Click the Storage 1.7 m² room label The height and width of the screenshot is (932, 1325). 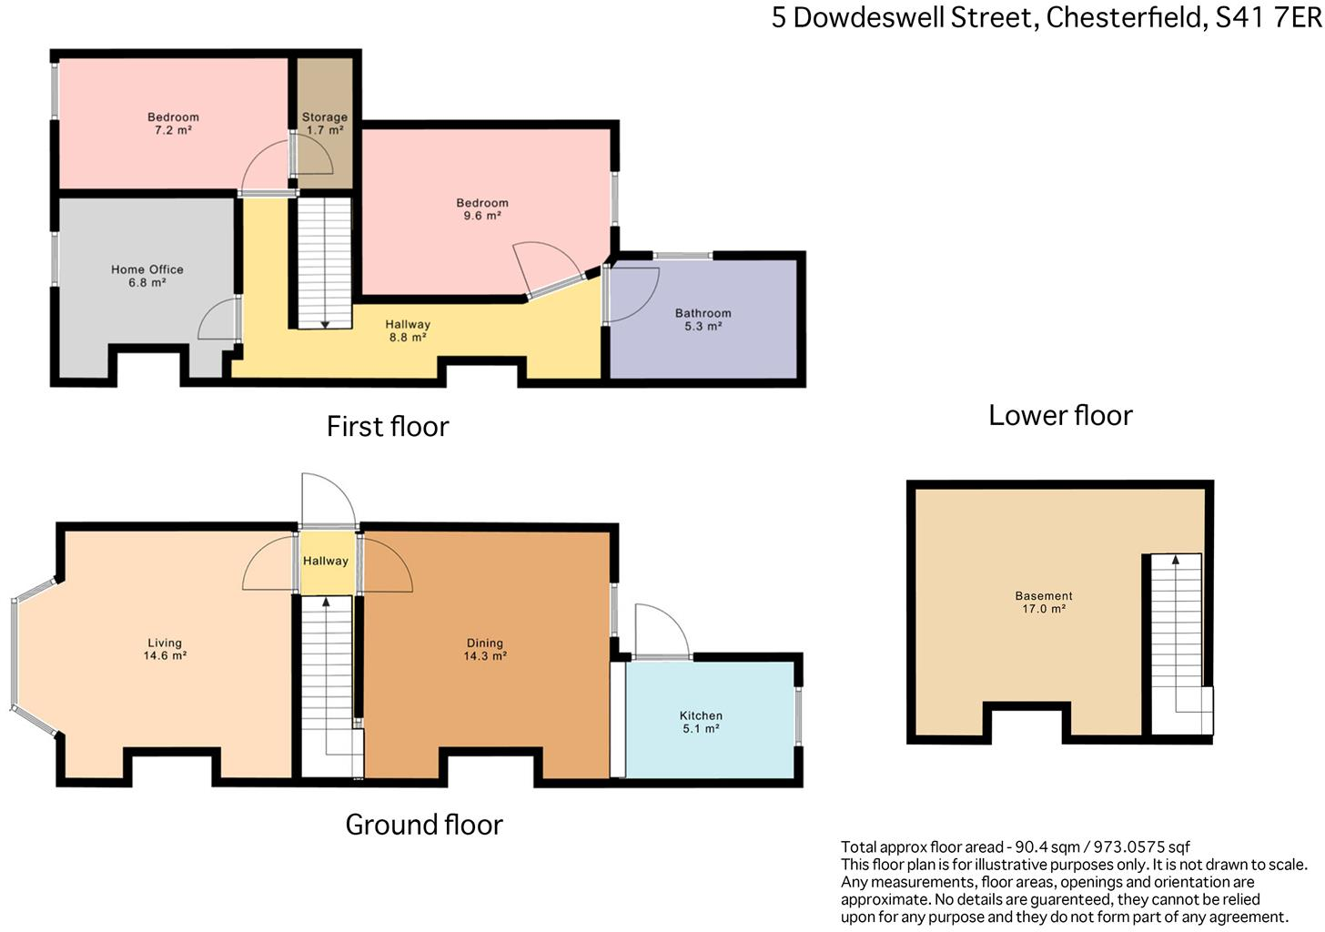point(325,124)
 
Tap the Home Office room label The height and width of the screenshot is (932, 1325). point(147,276)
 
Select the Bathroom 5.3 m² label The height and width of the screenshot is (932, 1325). point(703,319)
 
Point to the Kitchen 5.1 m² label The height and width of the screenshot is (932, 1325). point(701,722)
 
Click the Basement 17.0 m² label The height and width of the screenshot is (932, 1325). point(1044,603)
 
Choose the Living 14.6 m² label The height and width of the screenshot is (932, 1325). point(165,649)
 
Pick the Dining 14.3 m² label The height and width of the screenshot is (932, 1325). point(485,649)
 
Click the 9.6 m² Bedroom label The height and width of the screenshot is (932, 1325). point(482,209)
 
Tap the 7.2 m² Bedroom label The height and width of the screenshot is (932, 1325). point(173,124)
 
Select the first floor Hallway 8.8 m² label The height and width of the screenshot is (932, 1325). point(408,330)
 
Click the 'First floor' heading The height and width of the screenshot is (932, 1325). point(388,426)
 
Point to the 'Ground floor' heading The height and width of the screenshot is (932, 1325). point(424,825)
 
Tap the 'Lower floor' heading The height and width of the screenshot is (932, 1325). point(1060,415)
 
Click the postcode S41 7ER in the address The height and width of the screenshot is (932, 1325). point(1268,17)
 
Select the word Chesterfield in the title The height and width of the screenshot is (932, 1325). point(1125,17)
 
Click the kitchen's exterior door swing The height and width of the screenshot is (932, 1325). point(662,630)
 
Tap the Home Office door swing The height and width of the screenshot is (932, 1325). point(219,321)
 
